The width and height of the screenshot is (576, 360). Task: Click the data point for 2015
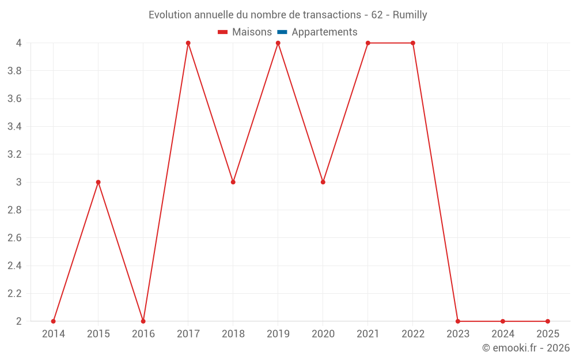(x=98, y=182)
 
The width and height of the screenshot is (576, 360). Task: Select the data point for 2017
(x=188, y=43)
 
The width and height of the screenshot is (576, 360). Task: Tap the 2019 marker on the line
(x=278, y=43)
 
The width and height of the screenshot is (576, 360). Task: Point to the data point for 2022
(x=413, y=43)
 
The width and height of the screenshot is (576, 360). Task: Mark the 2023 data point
(x=458, y=321)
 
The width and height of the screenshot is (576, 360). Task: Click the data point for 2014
(x=53, y=321)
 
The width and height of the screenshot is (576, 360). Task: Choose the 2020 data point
(x=323, y=182)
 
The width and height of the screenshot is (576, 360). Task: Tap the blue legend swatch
(x=282, y=32)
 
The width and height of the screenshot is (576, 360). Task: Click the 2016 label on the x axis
(x=143, y=334)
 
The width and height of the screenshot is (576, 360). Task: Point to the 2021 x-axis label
(x=368, y=334)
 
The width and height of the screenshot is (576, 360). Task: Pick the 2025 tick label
(x=548, y=334)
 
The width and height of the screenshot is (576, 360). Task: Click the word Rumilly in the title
(x=410, y=15)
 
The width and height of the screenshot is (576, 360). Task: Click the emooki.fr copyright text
(x=525, y=348)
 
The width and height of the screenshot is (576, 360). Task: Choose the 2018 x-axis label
(x=233, y=334)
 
